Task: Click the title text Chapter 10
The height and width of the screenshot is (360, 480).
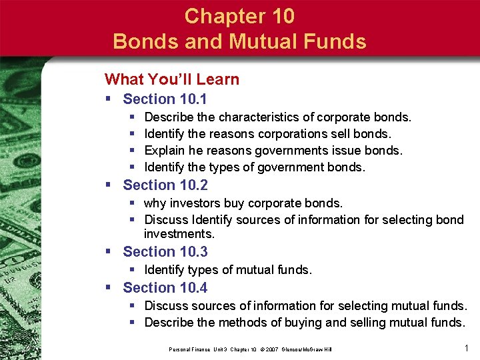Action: click(x=239, y=16)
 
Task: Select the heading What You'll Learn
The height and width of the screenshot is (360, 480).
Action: click(x=171, y=79)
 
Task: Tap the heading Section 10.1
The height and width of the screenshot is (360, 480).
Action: click(x=165, y=99)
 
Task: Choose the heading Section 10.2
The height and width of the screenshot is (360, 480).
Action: click(x=165, y=185)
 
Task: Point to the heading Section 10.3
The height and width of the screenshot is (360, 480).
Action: click(x=165, y=251)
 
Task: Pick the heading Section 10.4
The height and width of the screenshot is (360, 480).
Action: click(x=165, y=287)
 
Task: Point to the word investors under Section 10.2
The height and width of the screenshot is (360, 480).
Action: click(x=190, y=203)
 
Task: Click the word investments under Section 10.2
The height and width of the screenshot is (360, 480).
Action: click(x=179, y=234)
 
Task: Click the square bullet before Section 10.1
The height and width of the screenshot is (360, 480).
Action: click(x=109, y=99)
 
